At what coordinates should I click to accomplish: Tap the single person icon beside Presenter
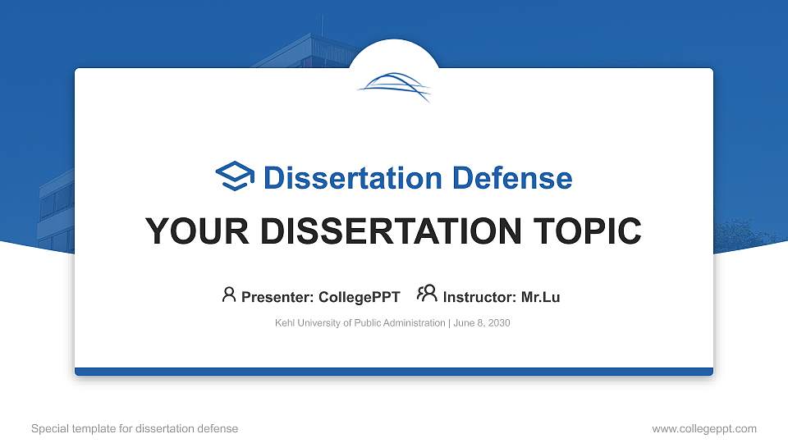(229, 295)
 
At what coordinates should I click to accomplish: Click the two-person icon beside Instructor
(427, 295)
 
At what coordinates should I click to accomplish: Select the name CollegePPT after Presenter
(359, 297)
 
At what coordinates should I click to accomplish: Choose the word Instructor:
(479, 297)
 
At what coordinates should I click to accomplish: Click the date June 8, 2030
(482, 323)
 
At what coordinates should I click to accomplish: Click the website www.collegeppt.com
(703, 428)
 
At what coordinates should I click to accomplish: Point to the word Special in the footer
(49, 428)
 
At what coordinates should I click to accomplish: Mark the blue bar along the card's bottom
(394, 372)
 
